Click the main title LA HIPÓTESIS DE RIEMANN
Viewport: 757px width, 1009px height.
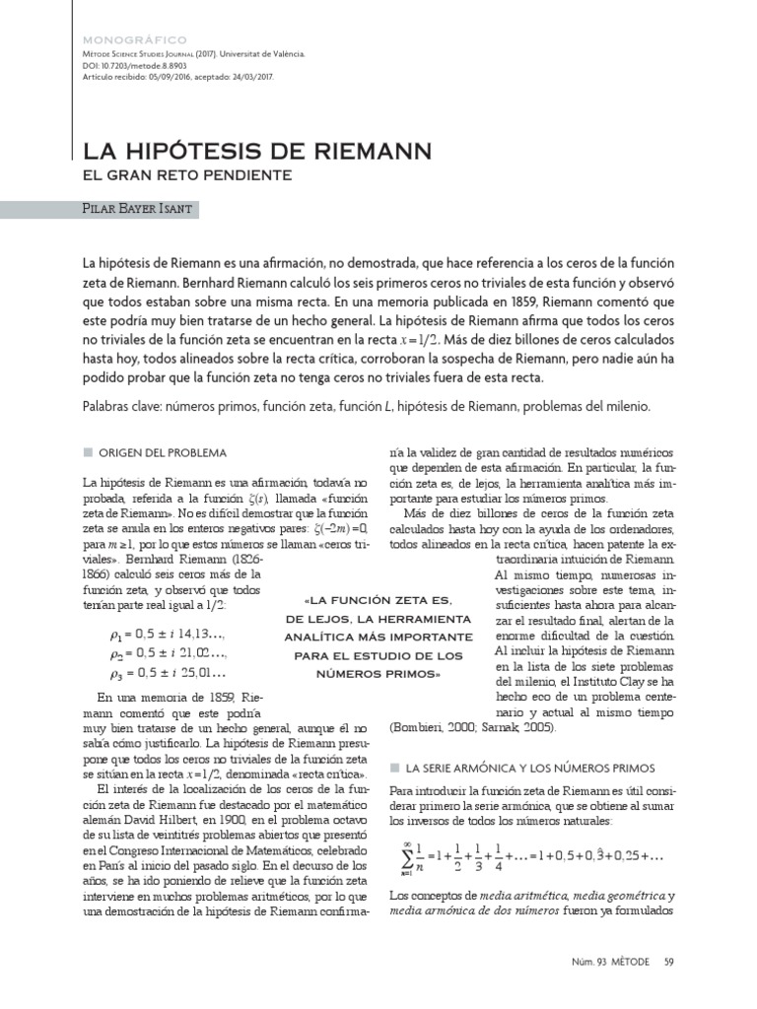click(256, 152)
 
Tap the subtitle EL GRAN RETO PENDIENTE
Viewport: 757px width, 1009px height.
click(186, 175)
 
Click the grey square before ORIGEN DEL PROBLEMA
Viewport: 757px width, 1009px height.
click(88, 452)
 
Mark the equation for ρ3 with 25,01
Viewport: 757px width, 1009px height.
click(169, 673)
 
